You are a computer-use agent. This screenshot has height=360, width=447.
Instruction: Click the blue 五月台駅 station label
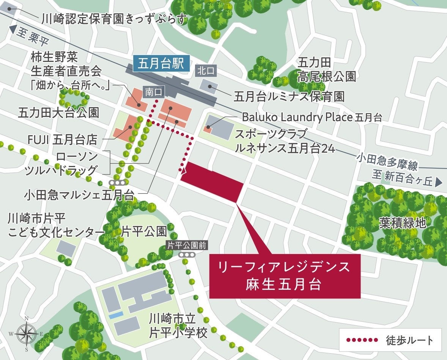point(161,63)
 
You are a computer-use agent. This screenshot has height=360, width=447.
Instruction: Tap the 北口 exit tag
point(206,71)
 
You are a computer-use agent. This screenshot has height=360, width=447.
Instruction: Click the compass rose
point(27,334)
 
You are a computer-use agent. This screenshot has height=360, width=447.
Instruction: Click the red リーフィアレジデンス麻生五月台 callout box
point(284,276)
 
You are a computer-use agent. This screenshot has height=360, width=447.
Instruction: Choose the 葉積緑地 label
point(402,223)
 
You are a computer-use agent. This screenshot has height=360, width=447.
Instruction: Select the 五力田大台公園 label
point(58,112)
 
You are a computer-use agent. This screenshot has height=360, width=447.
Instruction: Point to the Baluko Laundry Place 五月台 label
point(312,117)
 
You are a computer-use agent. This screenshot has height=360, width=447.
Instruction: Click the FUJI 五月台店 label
point(62,140)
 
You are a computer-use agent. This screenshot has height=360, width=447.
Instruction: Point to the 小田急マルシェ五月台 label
point(79,195)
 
